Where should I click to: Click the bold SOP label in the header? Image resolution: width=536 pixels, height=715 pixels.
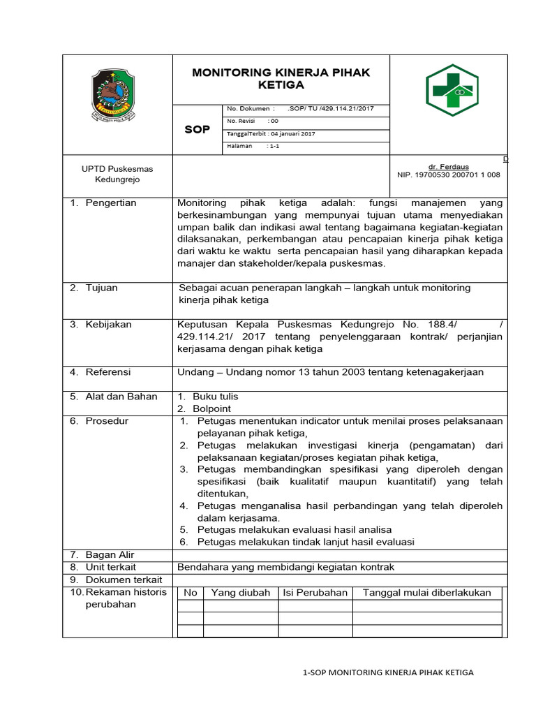click(197, 129)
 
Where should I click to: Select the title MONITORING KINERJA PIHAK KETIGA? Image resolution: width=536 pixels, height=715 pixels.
click(281, 79)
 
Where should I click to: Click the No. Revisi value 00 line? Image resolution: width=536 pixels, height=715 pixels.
click(253, 121)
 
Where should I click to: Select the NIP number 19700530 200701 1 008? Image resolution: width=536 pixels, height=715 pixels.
click(448, 175)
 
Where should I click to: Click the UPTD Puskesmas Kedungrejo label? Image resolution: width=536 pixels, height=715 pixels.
click(117, 174)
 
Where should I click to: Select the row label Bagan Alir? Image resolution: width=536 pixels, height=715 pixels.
click(110, 555)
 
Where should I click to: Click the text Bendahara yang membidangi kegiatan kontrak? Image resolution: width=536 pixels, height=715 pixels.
click(286, 567)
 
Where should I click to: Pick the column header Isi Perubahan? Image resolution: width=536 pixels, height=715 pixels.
click(315, 593)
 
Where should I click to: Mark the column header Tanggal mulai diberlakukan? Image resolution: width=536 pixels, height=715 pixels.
click(427, 593)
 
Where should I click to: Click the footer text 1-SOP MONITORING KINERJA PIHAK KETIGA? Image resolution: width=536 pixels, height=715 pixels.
click(389, 672)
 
